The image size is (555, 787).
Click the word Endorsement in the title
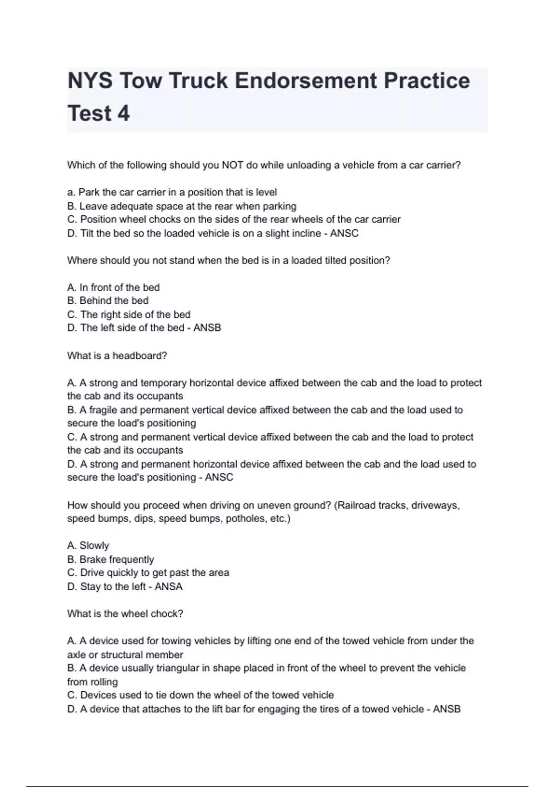[306, 81]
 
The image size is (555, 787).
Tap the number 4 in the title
[123, 113]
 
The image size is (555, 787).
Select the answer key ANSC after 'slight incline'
[344, 233]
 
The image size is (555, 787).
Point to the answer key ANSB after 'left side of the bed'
[207, 328]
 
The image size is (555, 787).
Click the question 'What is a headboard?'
[117, 356]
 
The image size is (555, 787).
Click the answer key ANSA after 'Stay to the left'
[168, 587]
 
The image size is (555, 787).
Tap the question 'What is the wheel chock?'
[125, 614]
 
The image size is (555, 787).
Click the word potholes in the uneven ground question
[246, 518]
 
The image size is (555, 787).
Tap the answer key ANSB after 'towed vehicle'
[447, 709]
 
